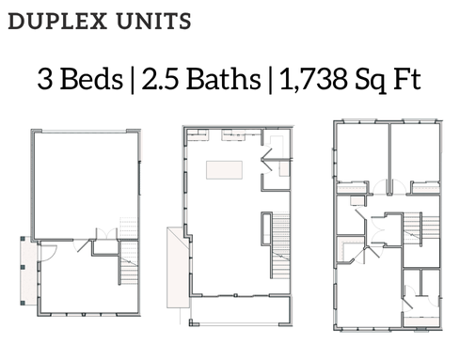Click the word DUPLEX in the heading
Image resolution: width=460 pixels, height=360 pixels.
(57, 22)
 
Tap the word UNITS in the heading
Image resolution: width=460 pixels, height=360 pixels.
(153, 22)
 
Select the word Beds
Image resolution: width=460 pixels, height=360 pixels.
(91, 78)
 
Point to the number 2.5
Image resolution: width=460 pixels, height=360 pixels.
(160, 78)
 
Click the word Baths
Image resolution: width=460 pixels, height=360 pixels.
(224, 78)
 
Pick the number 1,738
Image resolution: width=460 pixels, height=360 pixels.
(313, 79)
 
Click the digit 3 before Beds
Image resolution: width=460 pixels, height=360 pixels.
(45, 79)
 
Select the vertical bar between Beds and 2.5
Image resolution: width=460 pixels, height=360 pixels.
(133, 80)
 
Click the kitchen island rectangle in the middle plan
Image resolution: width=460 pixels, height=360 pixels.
(224, 170)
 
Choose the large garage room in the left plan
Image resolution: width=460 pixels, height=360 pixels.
(86, 185)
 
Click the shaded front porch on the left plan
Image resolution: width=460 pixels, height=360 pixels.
(28, 271)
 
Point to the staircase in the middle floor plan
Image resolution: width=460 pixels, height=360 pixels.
(280, 245)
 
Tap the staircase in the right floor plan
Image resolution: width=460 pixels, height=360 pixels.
(420, 228)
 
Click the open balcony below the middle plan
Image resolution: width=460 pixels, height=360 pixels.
(240, 310)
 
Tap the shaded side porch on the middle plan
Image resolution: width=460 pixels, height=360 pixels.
(178, 267)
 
